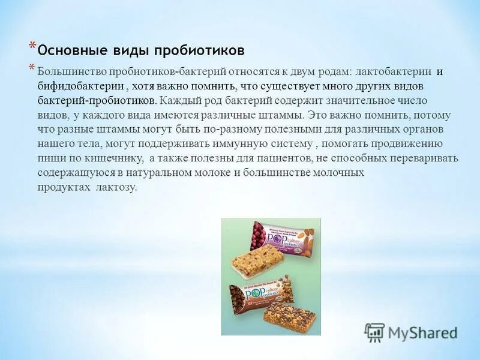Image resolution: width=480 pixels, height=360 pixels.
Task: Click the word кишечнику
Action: click(x=116, y=158)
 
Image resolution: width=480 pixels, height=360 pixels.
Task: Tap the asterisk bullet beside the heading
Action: click(x=32, y=47)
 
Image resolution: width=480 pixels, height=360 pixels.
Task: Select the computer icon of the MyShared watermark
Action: click(x=375, y=332)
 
